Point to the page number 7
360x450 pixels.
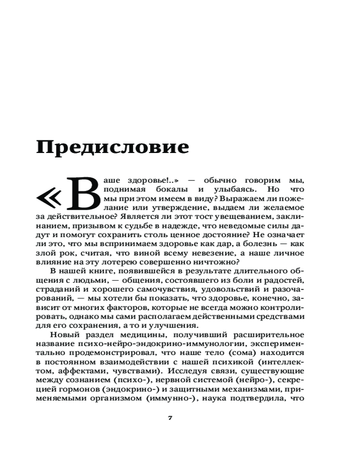tap(170, 418)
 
